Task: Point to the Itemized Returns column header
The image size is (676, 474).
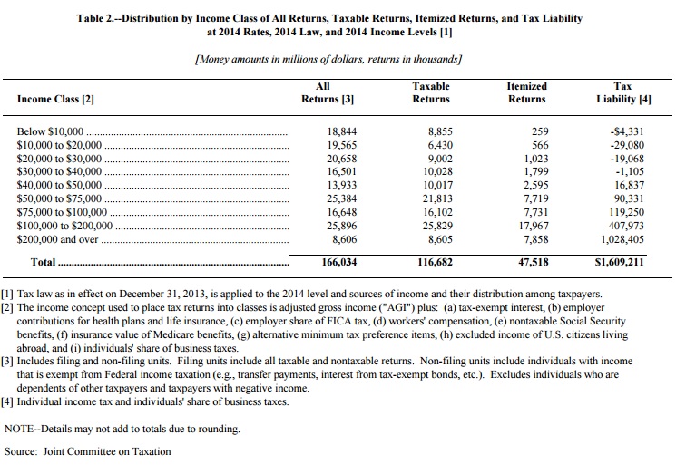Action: coord(526,92)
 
